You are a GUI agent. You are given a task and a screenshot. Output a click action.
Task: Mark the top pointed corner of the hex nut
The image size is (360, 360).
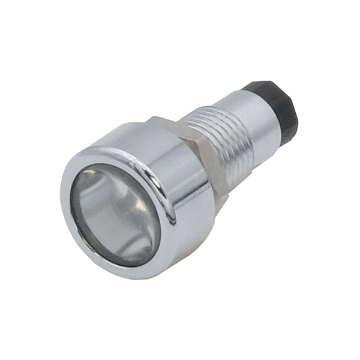(157, 118)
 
